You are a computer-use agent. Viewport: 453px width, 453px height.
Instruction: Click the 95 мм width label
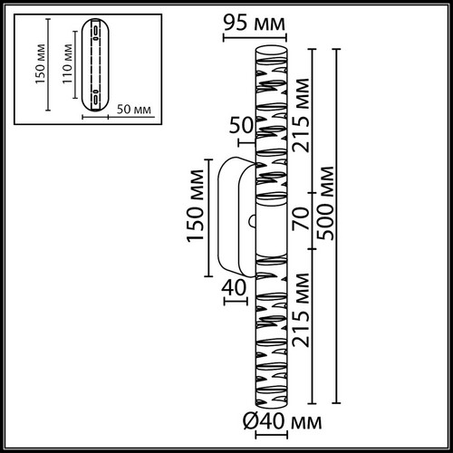click(x=255, y=24)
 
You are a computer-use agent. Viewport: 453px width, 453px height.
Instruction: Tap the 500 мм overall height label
click(x=326, y=203)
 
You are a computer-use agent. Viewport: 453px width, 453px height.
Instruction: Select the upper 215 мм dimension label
click(x=301, y=115)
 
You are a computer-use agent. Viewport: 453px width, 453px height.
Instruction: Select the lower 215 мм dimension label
click(x=301, y=310)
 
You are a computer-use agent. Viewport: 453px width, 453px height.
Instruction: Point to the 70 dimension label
click(x=301, y=218)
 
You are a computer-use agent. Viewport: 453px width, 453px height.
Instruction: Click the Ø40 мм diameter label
click(x=283, y=421)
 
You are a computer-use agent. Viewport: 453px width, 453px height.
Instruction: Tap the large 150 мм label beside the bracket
click(x=195, y=206)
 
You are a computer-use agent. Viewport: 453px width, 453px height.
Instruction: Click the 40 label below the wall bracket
click(x=234, y=287)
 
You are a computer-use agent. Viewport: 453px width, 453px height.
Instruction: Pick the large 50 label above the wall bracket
click(x=241, y=125)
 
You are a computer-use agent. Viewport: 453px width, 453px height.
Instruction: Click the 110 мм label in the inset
click(x=67, y=64)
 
